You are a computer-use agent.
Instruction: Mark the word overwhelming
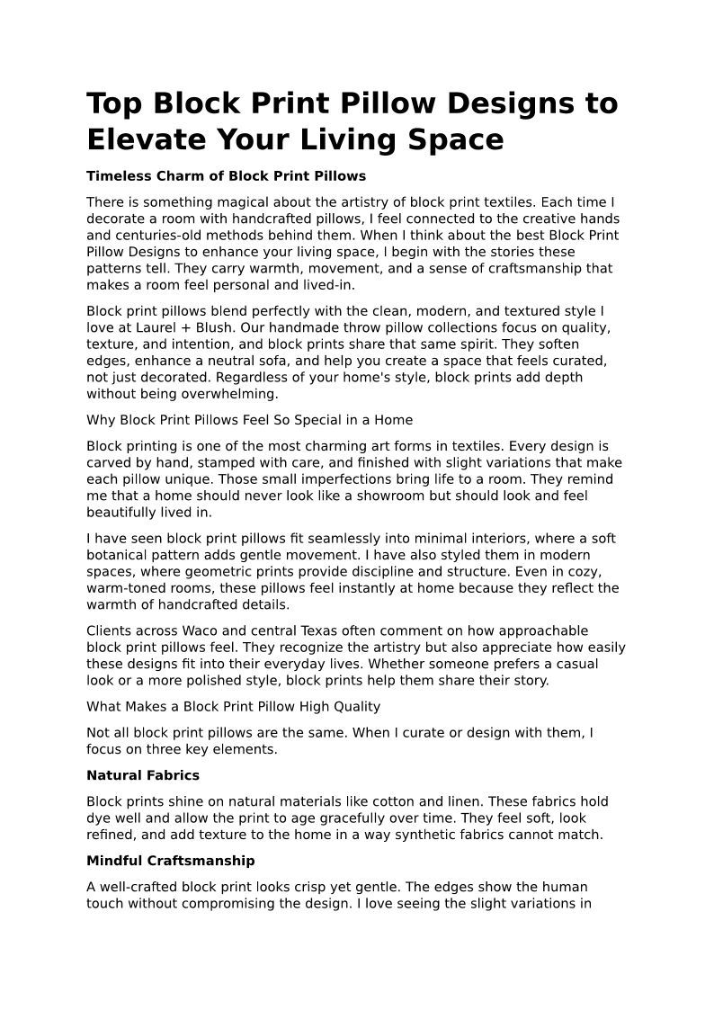pyautogui.click(x=225, y=394)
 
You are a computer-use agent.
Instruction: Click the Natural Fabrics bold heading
pyautogui.click(x=143, y=775)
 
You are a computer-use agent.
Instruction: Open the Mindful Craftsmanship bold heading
pyautogui.click(x=171, y=861)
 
